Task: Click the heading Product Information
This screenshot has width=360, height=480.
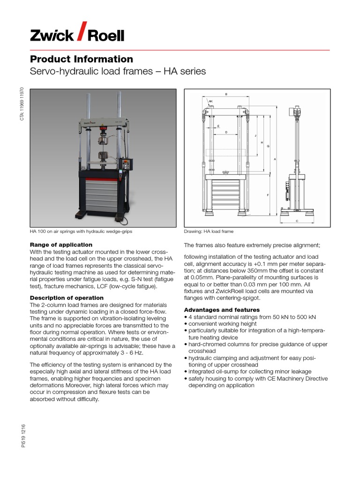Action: coord(82,59)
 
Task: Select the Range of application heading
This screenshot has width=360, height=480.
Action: coord(61,245)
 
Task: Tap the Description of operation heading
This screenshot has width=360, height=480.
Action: coord(67,298)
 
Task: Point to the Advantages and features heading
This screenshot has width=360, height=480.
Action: coord(222,310)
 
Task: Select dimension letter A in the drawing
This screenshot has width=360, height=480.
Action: coord(275,159)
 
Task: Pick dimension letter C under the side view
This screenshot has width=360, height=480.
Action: coord(297,221)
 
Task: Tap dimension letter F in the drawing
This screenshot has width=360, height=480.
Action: coord(268,195)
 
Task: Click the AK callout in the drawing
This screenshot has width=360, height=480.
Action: coord(210,101)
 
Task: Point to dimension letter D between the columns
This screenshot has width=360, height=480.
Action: coord(226,133)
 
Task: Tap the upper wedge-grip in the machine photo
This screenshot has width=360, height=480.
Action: coord(103,141)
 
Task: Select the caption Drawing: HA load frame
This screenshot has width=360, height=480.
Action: coord(209,232)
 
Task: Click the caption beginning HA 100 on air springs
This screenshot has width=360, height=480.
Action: coord(78,232)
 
